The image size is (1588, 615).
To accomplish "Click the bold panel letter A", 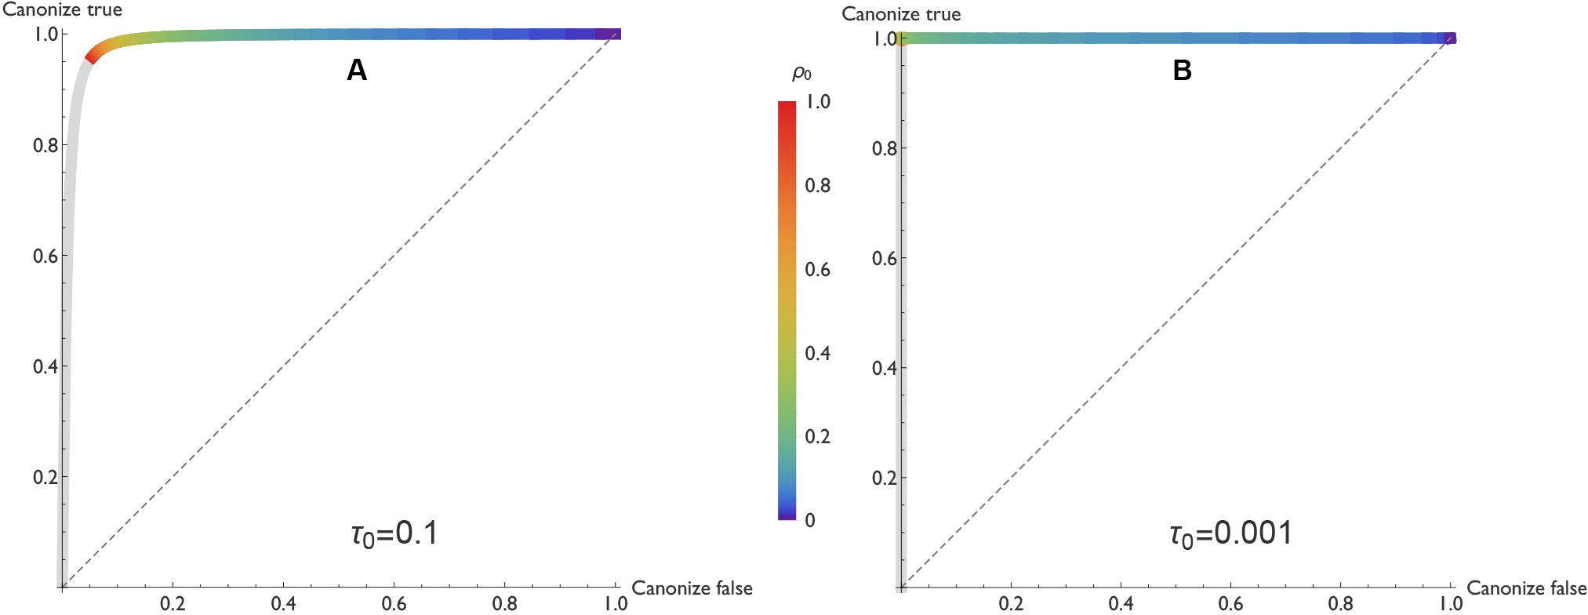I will (x=357, y=71).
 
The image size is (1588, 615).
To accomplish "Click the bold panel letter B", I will (x=1182, y=71).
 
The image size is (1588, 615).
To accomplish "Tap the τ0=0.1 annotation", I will (x=394, y=534).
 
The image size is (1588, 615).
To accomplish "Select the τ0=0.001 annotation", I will (x=1230, y=534).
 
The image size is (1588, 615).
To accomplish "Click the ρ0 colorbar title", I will (x=801, y=74).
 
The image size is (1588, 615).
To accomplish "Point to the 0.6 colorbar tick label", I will (x=818, y=269).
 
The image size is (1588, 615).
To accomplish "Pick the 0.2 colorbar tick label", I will (x=818, y=436).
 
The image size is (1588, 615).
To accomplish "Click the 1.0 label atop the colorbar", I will (x=818, y=102).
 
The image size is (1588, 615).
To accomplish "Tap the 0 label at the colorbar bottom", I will (x=810, y=520).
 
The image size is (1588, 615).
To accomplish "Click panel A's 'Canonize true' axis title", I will (x=63, y=10).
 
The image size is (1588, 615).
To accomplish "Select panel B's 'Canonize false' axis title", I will (x=1526, y=588).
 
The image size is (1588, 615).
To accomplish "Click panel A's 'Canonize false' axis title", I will (x=692, y=588).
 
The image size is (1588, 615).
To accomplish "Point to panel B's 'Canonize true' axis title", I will (x=901, y=14).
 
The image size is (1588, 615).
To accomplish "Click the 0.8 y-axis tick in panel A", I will (x=45, y=145).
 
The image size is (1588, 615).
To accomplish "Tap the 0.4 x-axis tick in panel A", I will (x=283, y=603).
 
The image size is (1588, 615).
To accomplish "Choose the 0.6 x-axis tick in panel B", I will (x=1230, y=603).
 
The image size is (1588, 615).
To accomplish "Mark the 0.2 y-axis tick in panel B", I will (x=885, y=478).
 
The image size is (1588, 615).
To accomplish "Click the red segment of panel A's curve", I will (x=93, y=55).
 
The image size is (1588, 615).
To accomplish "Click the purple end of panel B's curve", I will (x=1450, y=38).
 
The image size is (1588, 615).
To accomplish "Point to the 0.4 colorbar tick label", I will (x=818, y=353).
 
